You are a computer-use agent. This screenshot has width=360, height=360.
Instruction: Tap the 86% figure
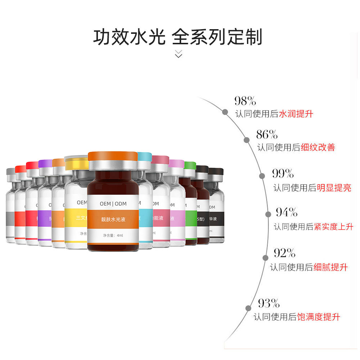pos(267,135)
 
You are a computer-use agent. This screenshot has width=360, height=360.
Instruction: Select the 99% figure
pos(283,174)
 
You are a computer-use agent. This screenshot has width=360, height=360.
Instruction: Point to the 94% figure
pos(287,212)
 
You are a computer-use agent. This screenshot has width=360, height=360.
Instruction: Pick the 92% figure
pos(284,253)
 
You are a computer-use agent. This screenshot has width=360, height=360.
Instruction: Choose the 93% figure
pos(269,303)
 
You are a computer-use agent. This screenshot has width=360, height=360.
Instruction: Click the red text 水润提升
pos(296,114)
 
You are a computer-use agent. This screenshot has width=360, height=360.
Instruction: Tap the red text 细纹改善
pos(318,147)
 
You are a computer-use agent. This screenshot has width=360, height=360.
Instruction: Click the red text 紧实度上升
pos(333,227)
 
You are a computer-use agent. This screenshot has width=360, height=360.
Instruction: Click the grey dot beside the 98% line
pos(225,112)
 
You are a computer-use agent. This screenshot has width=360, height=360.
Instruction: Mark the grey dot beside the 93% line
pos(248,308)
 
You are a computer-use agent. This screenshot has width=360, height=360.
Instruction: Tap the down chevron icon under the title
pos(179,54)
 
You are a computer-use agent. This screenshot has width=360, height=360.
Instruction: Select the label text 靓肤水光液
pos(113,219)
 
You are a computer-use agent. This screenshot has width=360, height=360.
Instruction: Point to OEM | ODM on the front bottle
pos(113,204)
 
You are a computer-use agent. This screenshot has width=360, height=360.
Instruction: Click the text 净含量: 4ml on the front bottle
pos(113,236)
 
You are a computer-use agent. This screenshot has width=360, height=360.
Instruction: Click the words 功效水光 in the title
pos(129,37)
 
